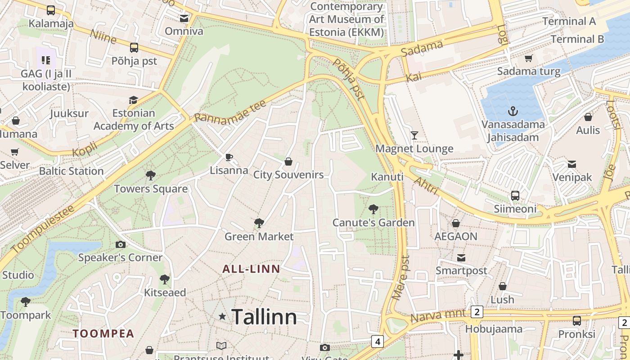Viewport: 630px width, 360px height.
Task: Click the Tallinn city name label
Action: point(264,317)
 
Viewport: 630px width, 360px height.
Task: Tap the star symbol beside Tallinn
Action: point(222,316)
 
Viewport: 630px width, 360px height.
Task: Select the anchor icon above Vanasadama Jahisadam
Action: point(513,111)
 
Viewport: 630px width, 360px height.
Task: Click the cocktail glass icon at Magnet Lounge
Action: point(414,135)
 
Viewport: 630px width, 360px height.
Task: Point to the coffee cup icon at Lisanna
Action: point(229,157)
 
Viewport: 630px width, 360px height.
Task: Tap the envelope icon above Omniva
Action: point(184,18)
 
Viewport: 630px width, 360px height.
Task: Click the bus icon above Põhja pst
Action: point(134,48)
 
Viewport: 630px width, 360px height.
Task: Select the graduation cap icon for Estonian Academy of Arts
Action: point(133,100)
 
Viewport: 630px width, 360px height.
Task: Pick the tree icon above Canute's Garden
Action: point(373,209)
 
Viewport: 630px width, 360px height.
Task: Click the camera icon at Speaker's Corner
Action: point(120,244)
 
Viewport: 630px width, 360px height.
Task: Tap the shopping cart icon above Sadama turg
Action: point(529,58)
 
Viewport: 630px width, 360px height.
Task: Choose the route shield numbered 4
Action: point(378,342)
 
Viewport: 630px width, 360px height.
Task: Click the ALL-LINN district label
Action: point(251,269)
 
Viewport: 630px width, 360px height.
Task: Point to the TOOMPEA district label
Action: point(103,333)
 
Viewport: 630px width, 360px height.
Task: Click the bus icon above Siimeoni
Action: point(515,196)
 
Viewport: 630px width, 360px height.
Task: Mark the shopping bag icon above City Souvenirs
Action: point(288,161)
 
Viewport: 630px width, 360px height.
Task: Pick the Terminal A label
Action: point(569,21)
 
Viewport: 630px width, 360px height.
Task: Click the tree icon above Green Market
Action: point(259,223)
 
